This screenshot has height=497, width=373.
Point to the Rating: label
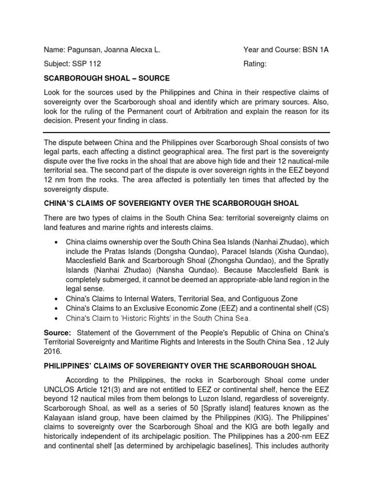pyautogui.click(x=254, y=64)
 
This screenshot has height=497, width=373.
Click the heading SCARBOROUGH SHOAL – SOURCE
pyautogui.click(x=107, y=78)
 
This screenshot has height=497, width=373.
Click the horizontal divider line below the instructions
pyautogui.click(x=186, y=132)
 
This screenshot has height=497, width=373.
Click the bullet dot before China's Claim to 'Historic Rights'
pyautogui.click(x=58, y=318)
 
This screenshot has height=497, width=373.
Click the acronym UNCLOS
pyautogui.click(x=60, y=389)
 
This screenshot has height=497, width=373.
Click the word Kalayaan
pyautogui.click(x=62, y=416)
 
